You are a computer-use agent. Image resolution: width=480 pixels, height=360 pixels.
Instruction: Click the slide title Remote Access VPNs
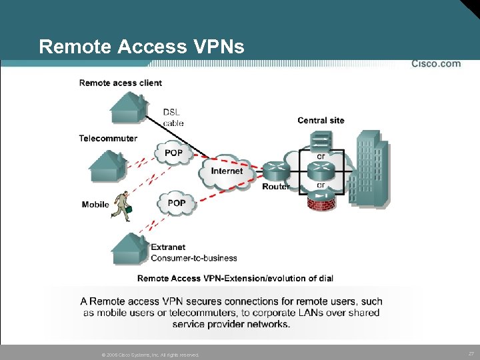(141, 47)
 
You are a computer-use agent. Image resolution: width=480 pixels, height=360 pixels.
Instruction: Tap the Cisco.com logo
(435, 64)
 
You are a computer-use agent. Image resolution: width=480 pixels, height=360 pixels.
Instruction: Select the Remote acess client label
(120, 83)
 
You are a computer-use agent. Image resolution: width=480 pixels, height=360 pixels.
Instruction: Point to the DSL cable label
(173, 117)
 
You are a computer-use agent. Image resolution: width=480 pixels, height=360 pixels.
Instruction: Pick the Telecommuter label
(108, 139)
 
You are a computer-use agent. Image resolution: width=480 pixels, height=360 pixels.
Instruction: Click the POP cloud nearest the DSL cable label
(173, 153)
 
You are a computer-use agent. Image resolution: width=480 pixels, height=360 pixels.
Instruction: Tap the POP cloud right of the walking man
(176, 203)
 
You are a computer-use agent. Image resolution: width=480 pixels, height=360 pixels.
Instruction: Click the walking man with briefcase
(122, 206)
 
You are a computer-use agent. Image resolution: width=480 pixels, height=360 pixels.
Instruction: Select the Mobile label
(95, 205)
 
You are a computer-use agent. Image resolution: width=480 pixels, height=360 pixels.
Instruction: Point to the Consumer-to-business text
(194, 258)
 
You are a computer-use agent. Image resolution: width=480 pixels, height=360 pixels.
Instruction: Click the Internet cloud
(227, 172)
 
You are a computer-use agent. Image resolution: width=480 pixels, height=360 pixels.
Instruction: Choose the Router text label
(275, 187)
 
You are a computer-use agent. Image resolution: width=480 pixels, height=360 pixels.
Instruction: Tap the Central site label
(321, 121)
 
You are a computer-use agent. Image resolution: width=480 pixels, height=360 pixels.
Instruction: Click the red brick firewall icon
(320, 201)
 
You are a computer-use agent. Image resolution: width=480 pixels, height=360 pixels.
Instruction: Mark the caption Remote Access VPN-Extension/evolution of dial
(235, 278)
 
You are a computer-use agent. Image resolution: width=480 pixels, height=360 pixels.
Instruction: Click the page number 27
(471, 353)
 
